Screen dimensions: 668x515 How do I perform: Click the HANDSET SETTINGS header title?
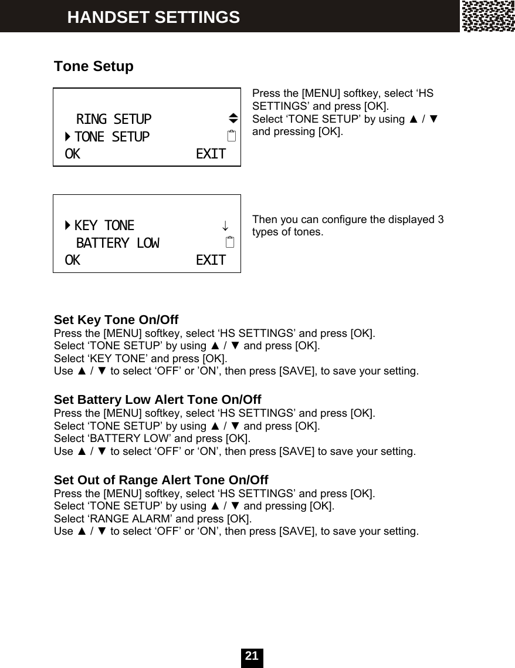tap(153, 18)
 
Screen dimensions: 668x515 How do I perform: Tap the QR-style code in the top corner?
tap(487, 16)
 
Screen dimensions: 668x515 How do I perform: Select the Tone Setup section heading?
tap(94, 66)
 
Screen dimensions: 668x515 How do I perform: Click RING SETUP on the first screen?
tap(114, 120)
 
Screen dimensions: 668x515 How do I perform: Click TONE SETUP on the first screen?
tap(112, 137)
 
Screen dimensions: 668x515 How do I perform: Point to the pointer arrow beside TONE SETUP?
tap(68, 137)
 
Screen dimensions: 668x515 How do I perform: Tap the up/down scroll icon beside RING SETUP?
tap(232, 119)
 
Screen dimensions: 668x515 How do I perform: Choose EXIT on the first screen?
tap(211, 154)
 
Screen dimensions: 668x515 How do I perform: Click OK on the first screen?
tap(73, 154)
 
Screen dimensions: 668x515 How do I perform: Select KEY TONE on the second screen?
tap(104, 225)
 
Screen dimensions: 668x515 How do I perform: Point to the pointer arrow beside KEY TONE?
tap(68, 225)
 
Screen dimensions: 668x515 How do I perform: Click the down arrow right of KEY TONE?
tap(225, 226)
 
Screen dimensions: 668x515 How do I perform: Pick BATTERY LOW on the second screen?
tap(117, 243)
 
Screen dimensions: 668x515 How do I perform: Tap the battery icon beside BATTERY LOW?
tap(231, 242)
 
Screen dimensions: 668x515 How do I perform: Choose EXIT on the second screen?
tap(211, 260)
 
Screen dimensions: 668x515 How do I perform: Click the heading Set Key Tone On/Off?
tap(116, 320)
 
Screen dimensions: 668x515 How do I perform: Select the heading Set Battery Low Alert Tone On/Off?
tap(157, 400)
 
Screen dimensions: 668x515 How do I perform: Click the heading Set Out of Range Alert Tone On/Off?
tap(161, 480)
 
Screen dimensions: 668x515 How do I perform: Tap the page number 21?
tap(252, 656)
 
